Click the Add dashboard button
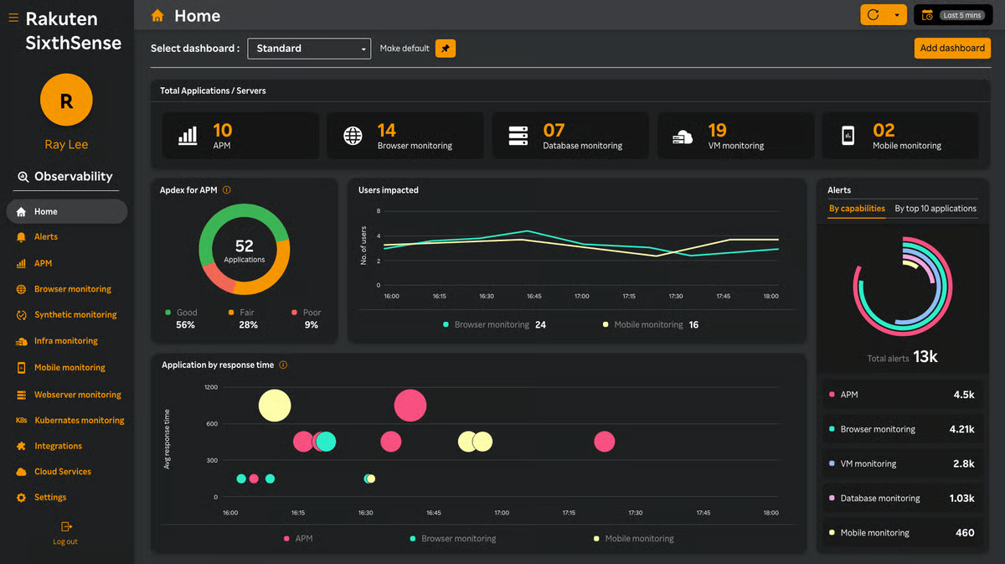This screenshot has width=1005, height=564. point(952,48)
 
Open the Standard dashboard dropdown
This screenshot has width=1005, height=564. point(309,49)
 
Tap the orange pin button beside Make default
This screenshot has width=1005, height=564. point(445,49)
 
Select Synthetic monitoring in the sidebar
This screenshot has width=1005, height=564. point(75,315)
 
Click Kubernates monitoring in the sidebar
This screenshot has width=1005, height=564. point(80,421)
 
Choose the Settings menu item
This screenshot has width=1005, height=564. point(50,497)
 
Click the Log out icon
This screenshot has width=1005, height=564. point(66,526)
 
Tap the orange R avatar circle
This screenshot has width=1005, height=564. point(66,100)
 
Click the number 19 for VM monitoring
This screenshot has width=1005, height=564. point(717,130)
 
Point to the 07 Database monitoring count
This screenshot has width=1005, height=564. point(554,130)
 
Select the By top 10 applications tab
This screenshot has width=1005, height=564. point(935,209)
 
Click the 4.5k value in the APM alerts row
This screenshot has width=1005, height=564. point(964,395)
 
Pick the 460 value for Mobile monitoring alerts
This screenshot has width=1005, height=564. point(965,532)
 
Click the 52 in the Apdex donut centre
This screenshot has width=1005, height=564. point(245,246)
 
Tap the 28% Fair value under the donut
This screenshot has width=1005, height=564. point(248,324)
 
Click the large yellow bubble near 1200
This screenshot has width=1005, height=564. point(275,406)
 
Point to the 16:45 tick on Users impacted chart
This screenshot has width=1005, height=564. point(534,297)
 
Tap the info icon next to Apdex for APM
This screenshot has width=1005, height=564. point(227,190)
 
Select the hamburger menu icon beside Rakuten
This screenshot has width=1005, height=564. point(13,18)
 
